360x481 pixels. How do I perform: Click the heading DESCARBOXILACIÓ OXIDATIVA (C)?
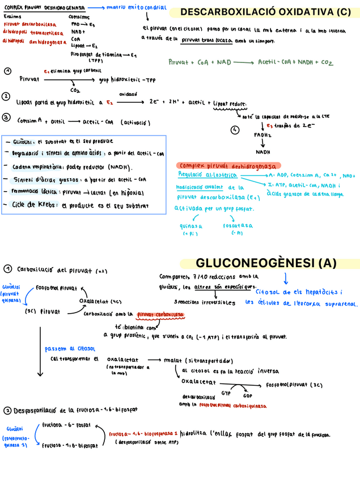pos(265,12)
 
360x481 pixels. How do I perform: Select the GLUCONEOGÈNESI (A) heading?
pos(266,263)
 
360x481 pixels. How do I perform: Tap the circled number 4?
pos(235,130)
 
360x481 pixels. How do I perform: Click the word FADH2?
pos(262,135)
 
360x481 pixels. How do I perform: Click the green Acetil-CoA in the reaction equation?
pos(276,62)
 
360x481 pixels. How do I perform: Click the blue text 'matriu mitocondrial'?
pos(144,8)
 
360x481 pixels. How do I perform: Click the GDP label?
pos(248,396)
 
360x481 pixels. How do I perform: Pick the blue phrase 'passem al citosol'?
pos(70,349)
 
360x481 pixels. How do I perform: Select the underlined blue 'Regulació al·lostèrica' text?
pos(202,175)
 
